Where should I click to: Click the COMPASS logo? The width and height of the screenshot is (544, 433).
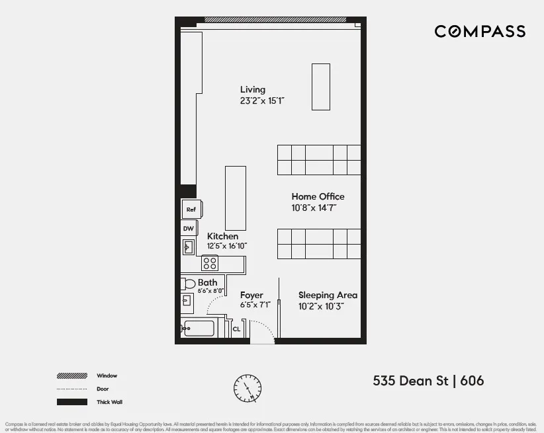[x=480, y=31]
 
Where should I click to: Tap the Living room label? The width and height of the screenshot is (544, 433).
[x=252, y=90]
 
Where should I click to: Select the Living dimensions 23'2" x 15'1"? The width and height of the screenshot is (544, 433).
[x=262, y=101]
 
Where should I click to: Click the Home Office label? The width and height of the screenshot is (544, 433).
[x=318, y=196]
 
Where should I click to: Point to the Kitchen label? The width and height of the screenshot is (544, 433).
[x=222, y=236]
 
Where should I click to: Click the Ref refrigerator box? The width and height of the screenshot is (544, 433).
[x=191, y=210]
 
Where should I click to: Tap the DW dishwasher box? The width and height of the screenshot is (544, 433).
[x=189, y=229]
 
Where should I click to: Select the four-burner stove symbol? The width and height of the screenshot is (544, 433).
[x=210, y=263]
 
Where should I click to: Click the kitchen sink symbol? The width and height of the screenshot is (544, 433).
[x=187, y=247]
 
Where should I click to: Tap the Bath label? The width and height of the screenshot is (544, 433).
[x=207, y=282]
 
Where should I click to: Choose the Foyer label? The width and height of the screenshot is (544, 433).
[x=251, y=295]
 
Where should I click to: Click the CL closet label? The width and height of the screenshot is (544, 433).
[x=236, y=329]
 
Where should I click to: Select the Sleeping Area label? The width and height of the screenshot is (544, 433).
[x=328, y=295]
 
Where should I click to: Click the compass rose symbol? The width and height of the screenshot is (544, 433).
[x=248, y=388]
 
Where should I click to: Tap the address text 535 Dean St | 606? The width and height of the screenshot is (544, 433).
[x=428, y=381]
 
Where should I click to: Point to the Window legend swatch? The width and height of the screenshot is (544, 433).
[x=72, y=375]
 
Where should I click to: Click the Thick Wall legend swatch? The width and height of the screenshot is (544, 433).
[x=72, y=402]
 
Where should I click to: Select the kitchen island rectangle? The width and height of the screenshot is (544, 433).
[x=236, y=198]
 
